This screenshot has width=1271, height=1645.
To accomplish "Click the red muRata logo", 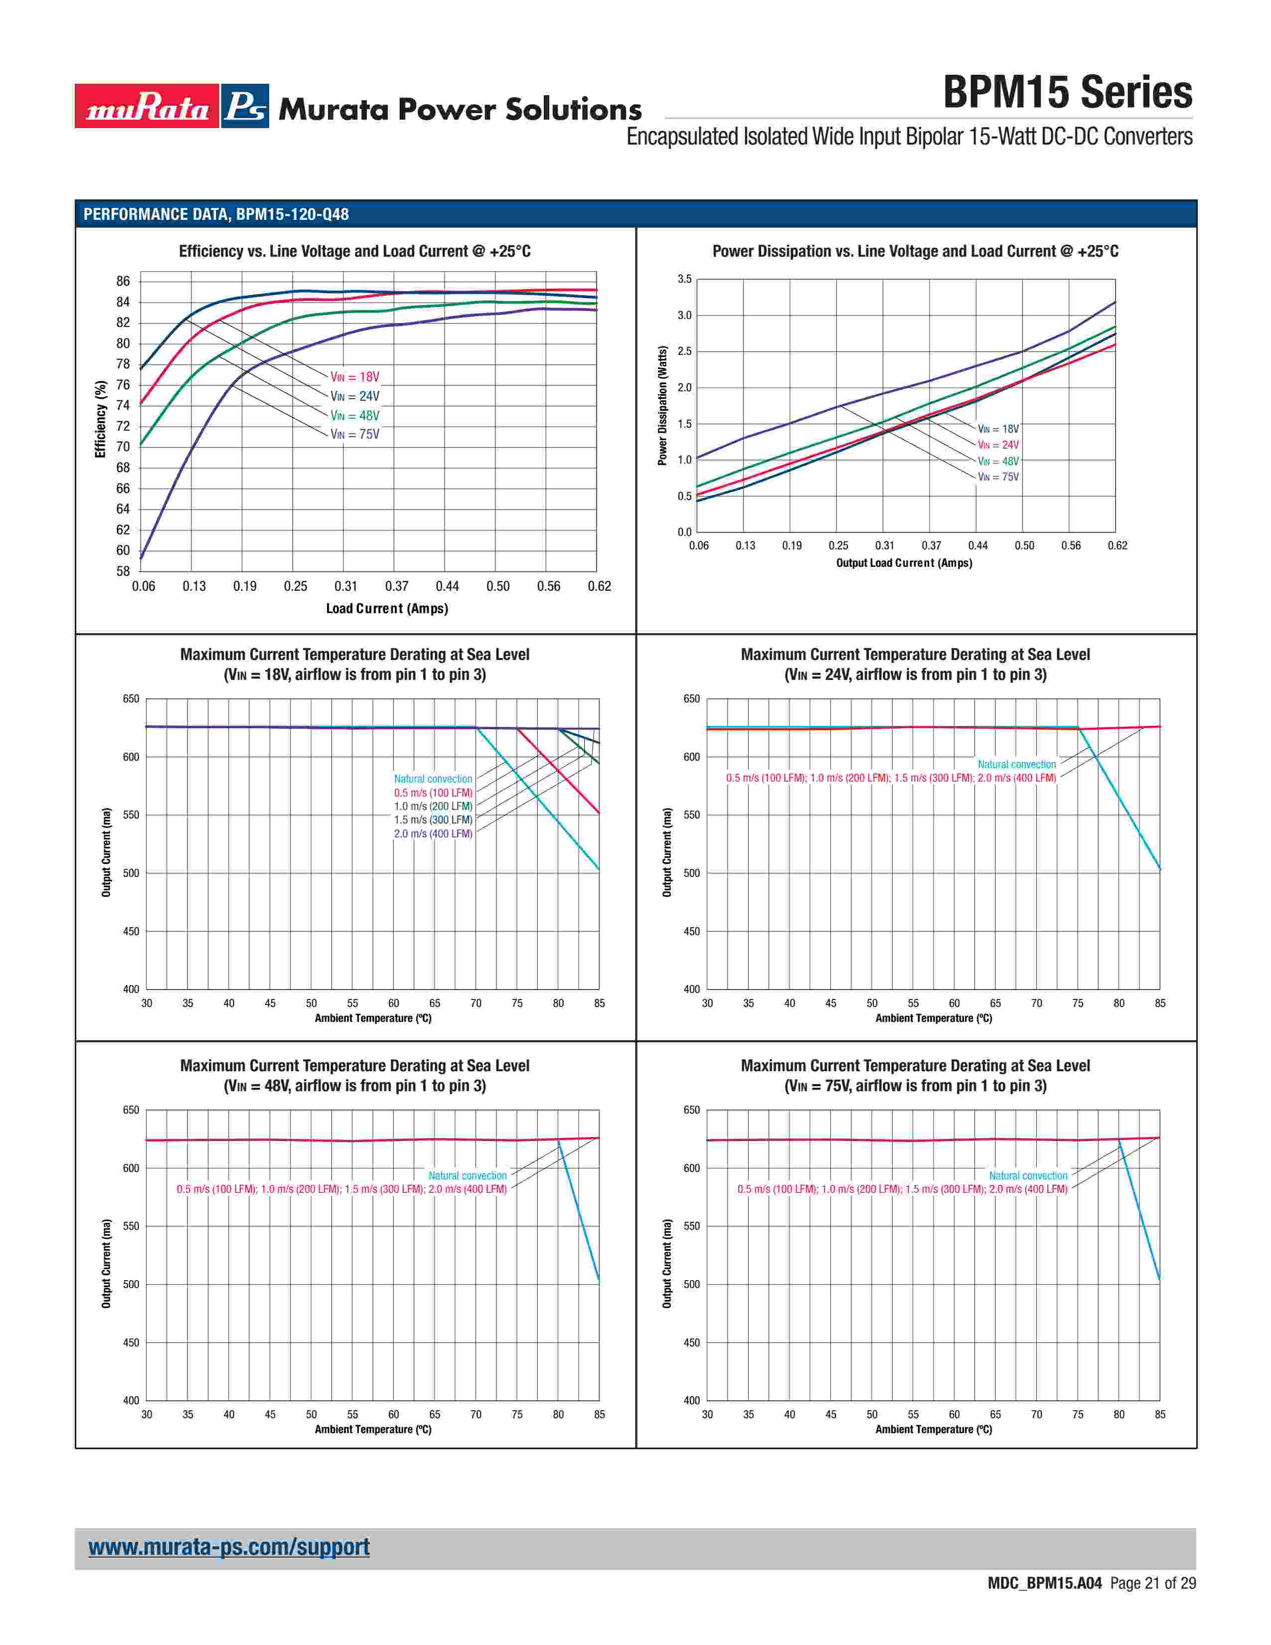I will coord(147,106).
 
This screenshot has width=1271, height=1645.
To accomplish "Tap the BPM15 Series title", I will coord(1067,93).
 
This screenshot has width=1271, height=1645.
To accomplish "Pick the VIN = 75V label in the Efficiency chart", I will coord(355,435).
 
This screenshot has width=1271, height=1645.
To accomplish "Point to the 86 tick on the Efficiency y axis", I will coord(123,281).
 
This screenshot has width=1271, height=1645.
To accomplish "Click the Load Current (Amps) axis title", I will coord(386,609).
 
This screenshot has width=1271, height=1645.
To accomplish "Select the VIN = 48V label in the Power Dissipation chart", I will coord(998,461).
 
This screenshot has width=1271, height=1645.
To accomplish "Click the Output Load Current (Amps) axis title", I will coord(904,563).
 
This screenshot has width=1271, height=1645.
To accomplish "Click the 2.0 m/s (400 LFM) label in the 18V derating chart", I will coord(433,834).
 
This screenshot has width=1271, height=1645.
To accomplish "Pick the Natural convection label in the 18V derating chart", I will coord(433,779).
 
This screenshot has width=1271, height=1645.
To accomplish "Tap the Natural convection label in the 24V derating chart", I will coord(1016,765).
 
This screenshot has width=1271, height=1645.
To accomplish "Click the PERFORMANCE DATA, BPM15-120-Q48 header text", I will coord(216,214).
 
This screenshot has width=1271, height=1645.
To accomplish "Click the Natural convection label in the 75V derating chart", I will coord(1028,1176).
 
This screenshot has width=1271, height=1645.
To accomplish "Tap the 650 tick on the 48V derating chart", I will coord(131,1110).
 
